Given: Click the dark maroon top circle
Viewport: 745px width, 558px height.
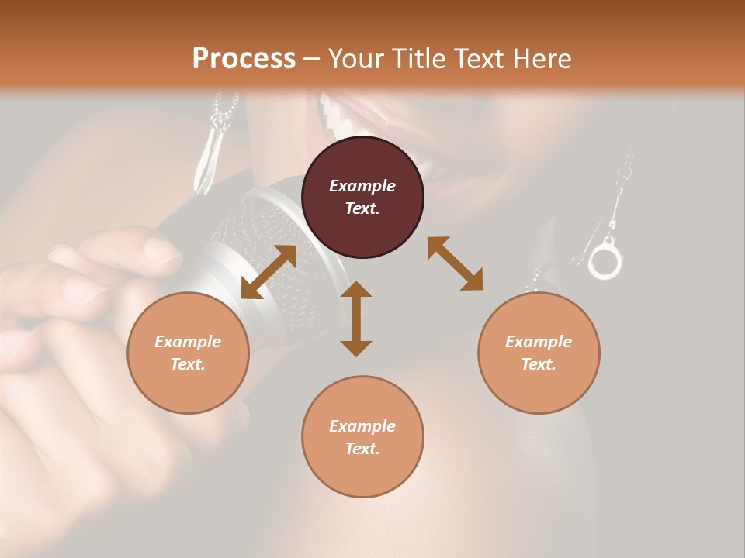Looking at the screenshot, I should click(x=362, y=197).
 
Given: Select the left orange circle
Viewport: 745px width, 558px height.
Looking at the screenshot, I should click(x=188, y=353).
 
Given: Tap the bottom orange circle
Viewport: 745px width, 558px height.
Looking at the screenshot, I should click(x=362, y=437).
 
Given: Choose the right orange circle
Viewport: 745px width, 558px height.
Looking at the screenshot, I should click(x=539, y=353).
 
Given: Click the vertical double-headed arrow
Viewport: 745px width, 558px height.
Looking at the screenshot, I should click(x=356, y=319).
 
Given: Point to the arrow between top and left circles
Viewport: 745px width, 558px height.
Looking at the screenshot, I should click(x=269, y=272).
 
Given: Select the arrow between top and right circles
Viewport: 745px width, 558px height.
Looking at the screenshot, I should click(x=455, y=263).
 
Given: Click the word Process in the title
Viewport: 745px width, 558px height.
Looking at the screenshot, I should click(x=244, y=58).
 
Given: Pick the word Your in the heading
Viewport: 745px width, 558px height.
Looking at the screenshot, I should click(x=354, y=58).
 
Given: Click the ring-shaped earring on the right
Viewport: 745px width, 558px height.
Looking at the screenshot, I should click(x=605, y=260).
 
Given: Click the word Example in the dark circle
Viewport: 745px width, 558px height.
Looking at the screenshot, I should click(x=362, y=186).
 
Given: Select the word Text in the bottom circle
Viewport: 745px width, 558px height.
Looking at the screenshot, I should click(x=362, y=449).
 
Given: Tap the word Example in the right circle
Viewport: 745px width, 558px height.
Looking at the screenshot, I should click(x=539, y=342).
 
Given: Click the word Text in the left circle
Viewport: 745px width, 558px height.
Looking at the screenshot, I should click(x=188, y=364).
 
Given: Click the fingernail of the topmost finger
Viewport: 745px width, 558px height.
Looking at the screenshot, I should click(x=161, y=250).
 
